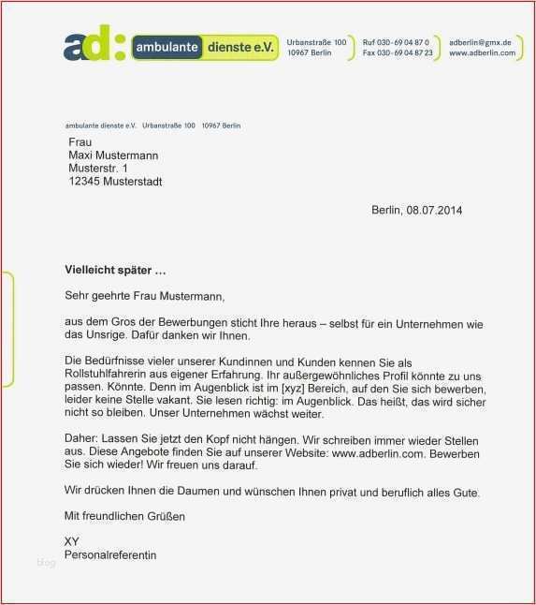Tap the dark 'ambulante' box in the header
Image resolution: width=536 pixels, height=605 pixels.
tap(167, 46)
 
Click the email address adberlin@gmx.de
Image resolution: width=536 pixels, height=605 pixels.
tap(480, 42)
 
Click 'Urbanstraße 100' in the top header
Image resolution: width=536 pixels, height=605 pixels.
tap(316, 42)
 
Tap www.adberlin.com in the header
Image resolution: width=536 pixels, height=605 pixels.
tap(482, 53)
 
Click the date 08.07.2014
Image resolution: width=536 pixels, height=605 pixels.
tap(434, 210)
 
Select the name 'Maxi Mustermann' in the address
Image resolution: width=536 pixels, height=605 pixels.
tap(113, 155)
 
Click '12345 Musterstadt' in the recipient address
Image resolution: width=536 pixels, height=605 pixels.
tap(115, 182)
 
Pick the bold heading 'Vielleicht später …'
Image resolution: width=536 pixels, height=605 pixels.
tap(115, 271)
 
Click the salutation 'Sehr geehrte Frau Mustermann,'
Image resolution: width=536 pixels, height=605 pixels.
tap(145, 297)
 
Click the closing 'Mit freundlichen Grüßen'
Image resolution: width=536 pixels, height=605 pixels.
tap(124, 516)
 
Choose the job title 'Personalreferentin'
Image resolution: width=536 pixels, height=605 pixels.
tap(110, 555)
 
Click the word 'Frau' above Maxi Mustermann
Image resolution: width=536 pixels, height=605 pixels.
tap(80, 142)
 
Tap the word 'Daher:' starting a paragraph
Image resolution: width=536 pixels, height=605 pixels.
tap(80, 440)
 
